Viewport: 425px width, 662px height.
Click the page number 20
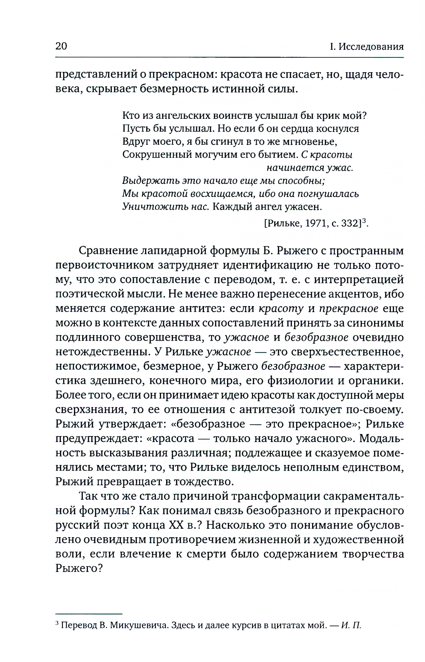[x=61, y=46]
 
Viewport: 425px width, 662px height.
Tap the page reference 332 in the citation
[x=351, y=223]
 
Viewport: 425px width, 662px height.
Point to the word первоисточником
[x=105, y=265]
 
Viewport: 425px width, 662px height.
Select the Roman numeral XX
[x=176, y=525]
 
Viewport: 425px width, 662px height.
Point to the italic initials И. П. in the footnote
[x=351, y=625]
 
